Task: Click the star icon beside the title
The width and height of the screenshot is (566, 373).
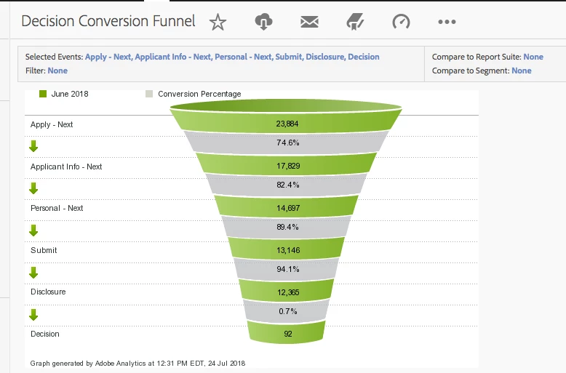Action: point(218,23)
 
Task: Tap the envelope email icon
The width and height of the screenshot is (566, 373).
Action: point(309,22)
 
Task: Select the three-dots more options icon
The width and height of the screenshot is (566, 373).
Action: point(447,22)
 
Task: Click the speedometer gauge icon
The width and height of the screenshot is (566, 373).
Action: point(401,22)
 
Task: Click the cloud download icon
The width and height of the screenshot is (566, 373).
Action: point(263,22)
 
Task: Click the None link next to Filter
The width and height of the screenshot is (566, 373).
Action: point(57,71)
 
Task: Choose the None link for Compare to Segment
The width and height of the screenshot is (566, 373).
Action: point(522,71)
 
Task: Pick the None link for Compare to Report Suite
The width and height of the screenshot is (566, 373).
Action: point(533,57)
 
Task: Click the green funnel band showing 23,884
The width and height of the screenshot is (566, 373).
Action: point(287,124)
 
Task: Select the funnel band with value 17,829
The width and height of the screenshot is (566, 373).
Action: point(287,166)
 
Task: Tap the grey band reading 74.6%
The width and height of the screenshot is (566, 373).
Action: point(287,143)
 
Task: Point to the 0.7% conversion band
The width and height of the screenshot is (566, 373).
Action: point(287,312)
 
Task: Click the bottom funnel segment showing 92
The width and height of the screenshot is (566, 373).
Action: point(287,334)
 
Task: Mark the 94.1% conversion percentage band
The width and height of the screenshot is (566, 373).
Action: point(287,269)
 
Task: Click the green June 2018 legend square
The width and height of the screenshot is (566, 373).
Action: point(43,94)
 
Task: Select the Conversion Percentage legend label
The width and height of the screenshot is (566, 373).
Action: point(199,94)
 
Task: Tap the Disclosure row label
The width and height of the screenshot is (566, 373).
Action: point(48,292)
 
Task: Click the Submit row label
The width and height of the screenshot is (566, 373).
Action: point(44,250)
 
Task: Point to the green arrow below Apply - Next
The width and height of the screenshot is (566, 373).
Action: point(33,145)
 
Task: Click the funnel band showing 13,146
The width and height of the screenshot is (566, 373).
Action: point(287,250)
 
